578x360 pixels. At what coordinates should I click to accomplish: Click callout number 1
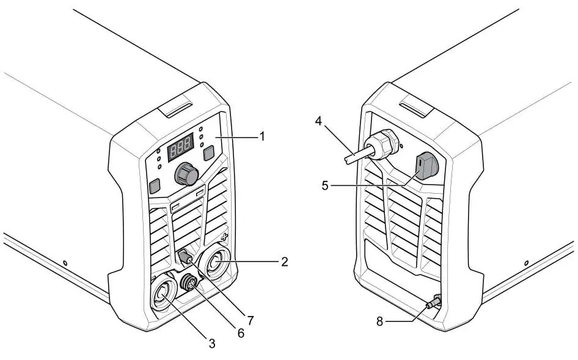[262, 137]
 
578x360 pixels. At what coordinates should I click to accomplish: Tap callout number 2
[284, 262]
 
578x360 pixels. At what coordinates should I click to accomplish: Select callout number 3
[211, 343]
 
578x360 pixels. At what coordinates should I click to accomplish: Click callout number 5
[325, 186]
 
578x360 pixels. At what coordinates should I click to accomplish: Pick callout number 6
[241, 334]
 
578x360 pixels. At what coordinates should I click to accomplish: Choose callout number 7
[251, 320]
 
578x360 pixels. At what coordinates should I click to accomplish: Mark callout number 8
[379, 321]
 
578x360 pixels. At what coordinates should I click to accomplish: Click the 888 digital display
[181, 147]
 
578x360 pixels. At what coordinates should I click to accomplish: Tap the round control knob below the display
[186, 174]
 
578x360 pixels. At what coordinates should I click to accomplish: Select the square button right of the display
[209, 153]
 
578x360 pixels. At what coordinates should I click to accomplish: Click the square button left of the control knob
[155, 186]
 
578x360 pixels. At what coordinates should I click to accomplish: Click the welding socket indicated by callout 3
[163, 294]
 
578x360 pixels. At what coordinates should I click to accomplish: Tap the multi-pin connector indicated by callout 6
[189, 282]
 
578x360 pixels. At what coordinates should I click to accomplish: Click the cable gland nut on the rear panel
[382, 145]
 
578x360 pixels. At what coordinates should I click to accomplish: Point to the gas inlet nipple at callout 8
[434, 302]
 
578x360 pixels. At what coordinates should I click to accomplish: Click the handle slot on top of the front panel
[176, 108]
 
